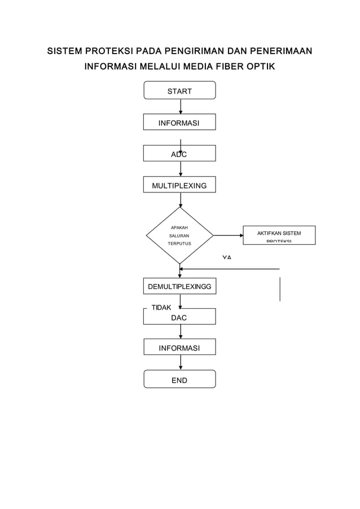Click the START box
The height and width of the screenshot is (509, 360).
coord(179,90)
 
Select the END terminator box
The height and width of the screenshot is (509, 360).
coord(179,379)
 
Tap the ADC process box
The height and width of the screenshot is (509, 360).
coord(179,153)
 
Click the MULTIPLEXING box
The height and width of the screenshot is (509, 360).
coord(179,185)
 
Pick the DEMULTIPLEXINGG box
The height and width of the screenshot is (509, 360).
coord(179,287)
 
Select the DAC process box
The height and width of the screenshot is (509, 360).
coord(179,317)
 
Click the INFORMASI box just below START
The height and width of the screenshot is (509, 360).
coord(179,122)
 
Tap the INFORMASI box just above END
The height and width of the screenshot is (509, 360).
coord(179,348)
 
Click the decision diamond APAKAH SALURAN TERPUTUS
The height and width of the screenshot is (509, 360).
coord(179,235)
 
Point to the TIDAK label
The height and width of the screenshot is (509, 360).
coord(162,308)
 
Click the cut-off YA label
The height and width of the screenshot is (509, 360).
coord(226,257)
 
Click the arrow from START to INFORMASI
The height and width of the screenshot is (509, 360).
coord(180,107)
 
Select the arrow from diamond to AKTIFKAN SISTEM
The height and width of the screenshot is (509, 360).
coord(227,235)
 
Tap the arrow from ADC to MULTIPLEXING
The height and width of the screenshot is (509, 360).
coord(180,169)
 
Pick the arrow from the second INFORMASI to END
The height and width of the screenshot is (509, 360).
coord(180,363)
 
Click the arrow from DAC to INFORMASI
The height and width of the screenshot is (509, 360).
coord(180,332)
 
